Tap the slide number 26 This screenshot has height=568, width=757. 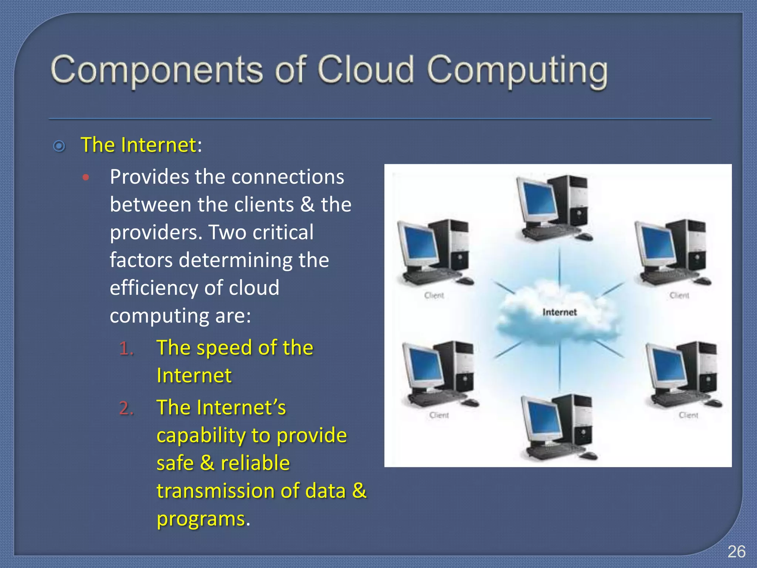coord(736,552)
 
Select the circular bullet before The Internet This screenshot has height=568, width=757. coord(59,146)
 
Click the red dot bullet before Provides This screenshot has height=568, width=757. coord(86,178)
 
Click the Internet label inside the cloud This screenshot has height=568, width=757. coord(559,312)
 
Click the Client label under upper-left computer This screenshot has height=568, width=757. coord(434,295)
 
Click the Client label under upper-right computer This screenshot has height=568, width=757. coord(679,295)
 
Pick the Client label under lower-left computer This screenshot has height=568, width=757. coord(439,415)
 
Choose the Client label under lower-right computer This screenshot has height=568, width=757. coord(688,415)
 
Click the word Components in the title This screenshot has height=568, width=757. coord(157,70)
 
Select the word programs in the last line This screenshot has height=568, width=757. coord(201,519)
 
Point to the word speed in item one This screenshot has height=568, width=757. coord(224,348)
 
